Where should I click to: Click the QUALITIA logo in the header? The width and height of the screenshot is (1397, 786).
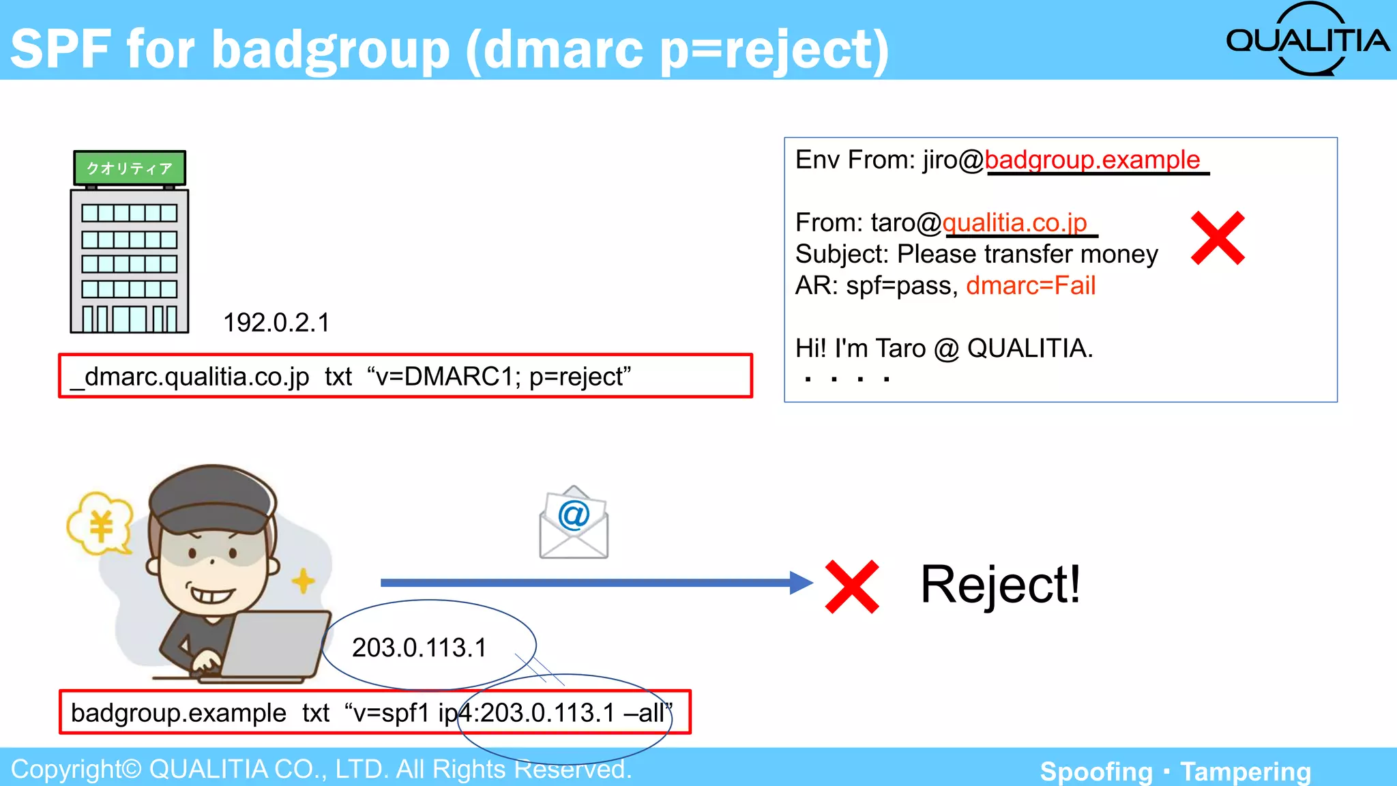[1306, 40]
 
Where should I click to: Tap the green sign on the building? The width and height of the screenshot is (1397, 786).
[130, 168]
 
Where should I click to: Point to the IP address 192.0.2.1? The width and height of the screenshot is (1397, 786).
[276, 323]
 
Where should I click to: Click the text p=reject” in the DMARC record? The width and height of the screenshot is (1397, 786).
[580, 377]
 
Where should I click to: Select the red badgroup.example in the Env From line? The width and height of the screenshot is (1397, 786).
[1092, 160]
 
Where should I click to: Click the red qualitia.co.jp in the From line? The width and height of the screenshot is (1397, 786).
[1014, 222]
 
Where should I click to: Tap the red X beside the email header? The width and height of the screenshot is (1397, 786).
[1218, 238]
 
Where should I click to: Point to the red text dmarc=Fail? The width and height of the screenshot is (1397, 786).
[1031, 285]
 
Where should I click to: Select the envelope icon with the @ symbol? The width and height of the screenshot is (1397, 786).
[574, 523]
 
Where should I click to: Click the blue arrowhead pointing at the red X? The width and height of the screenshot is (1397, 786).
[801, 583]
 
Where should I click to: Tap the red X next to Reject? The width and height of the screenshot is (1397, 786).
[852, 587]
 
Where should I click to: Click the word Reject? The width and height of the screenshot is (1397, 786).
[1000, 585]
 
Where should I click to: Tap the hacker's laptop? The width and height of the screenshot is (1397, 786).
[273, 645]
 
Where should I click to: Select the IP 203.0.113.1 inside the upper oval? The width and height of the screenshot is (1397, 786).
[419, 647]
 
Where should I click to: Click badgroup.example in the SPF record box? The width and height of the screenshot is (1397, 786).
[178, 713]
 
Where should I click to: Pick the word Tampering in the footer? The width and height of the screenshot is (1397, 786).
[1246, 772]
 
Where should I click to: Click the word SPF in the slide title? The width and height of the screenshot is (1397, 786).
[61, 49]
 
